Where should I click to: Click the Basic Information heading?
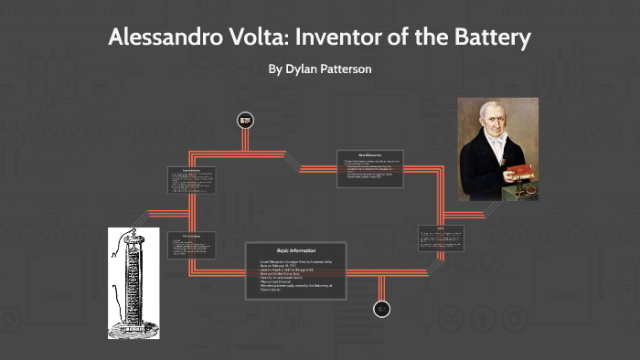(x=296, y=249)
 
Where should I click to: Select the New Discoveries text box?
(x=369, y=168)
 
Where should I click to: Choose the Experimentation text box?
(x=191, y=179)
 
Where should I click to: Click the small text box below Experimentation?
(x=191, y=245)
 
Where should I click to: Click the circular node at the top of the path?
(x=244, y=119)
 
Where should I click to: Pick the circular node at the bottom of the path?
(x=382, y=309)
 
